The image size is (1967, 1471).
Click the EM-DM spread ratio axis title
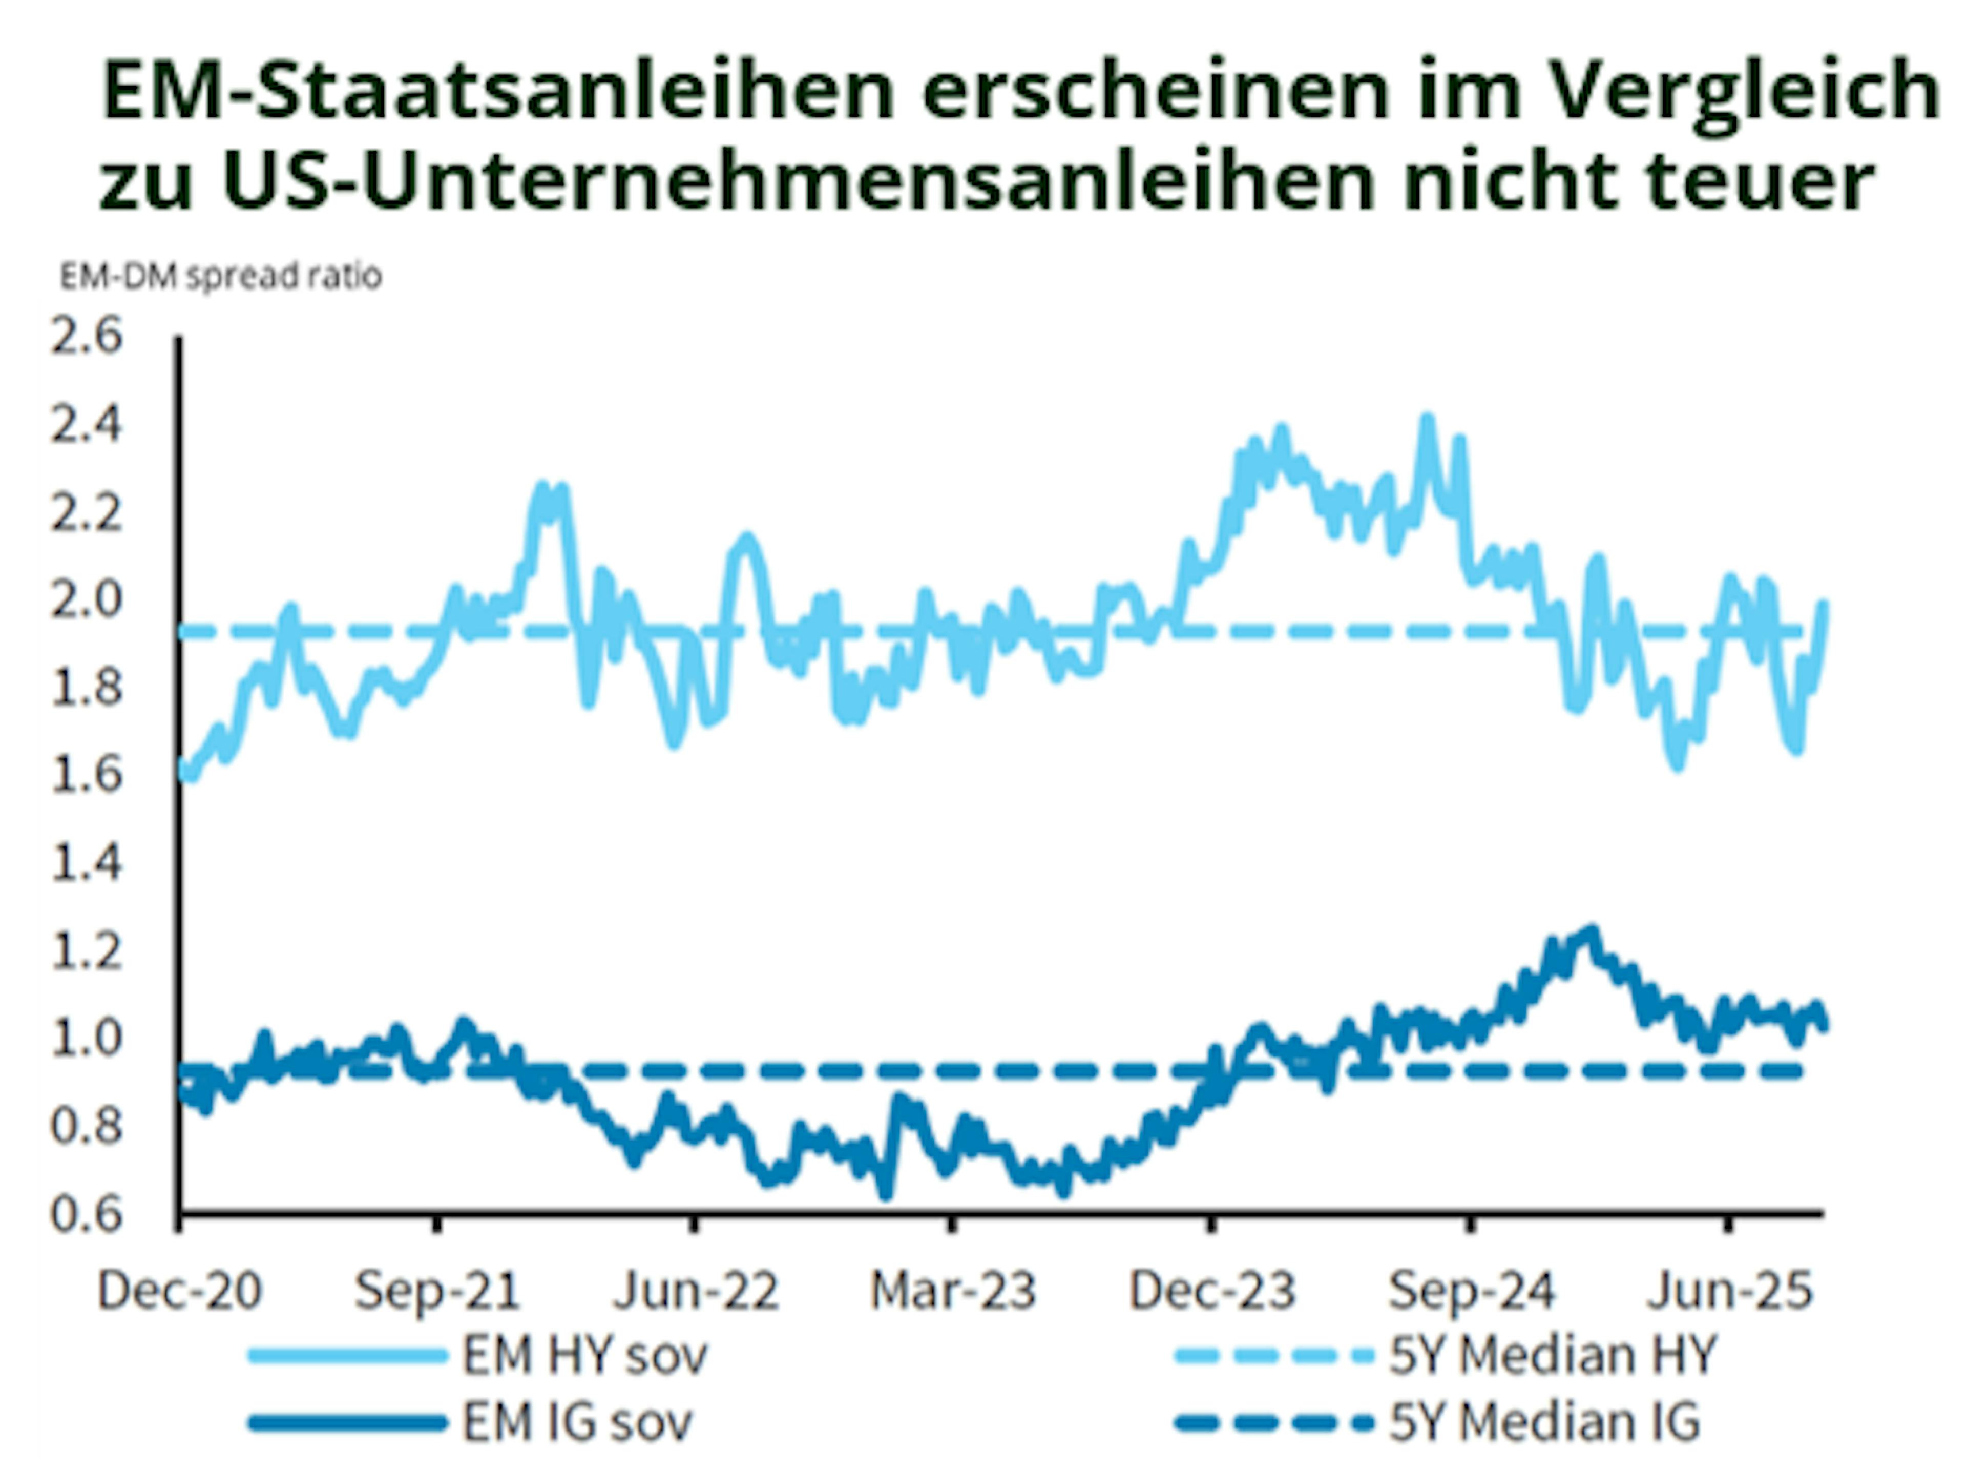pos(221,277)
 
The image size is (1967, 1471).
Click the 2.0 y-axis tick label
pos(86,600)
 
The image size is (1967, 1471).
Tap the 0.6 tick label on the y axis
pos(86,1214)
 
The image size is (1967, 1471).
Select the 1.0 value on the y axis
pos(86,1038)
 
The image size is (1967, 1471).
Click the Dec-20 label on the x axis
pos(180,1291)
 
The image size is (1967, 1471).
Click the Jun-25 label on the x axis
pos(1729,1291)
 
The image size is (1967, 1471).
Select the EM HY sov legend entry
pos(584,1355)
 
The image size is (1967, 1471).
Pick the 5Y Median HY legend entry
pos(1552,1355)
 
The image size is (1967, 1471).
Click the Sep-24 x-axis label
pos(1471,1291)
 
